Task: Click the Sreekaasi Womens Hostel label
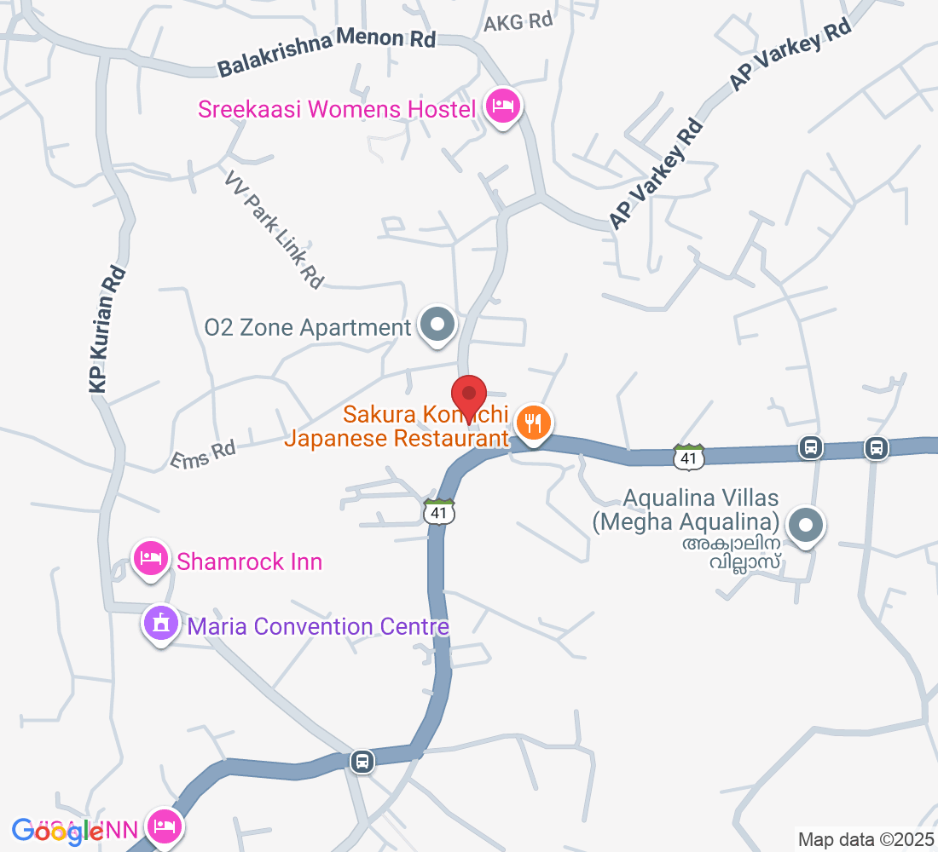click(x=336, y=109)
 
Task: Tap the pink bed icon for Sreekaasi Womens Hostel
click(x=503, y=106)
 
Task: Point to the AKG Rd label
click(x=518, y=22)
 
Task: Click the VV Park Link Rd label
click(x=275, y=228)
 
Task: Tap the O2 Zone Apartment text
click(x=308, y=328)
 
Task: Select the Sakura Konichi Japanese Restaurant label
click(x=397, y=427)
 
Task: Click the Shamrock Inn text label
click(x=249, y=562)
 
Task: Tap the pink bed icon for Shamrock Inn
click(x=150, y=559)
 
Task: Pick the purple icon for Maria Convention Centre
click(x=160, y=625)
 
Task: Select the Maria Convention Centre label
click(x=318, y=627)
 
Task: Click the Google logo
click(x=58, y=832)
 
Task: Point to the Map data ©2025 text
click(x=865, y=839)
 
